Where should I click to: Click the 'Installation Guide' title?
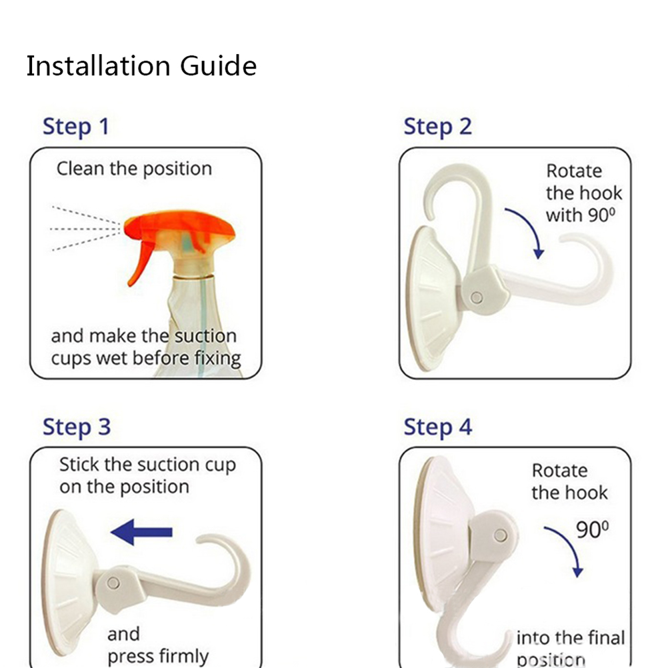141,66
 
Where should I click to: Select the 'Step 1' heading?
76,127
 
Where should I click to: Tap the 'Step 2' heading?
437,127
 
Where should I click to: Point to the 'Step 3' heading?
77,427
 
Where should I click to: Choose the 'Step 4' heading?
437,427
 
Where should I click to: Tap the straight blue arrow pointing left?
141,532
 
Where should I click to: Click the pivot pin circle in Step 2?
477,297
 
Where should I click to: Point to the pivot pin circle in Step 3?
113,583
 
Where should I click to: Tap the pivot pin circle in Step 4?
501,535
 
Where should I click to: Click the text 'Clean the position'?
134,169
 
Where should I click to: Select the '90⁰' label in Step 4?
592,530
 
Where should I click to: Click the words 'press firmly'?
158,656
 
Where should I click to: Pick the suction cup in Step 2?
433,298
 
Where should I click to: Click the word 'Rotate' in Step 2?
574,171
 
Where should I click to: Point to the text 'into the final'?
571,638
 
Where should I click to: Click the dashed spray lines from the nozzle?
85,229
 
